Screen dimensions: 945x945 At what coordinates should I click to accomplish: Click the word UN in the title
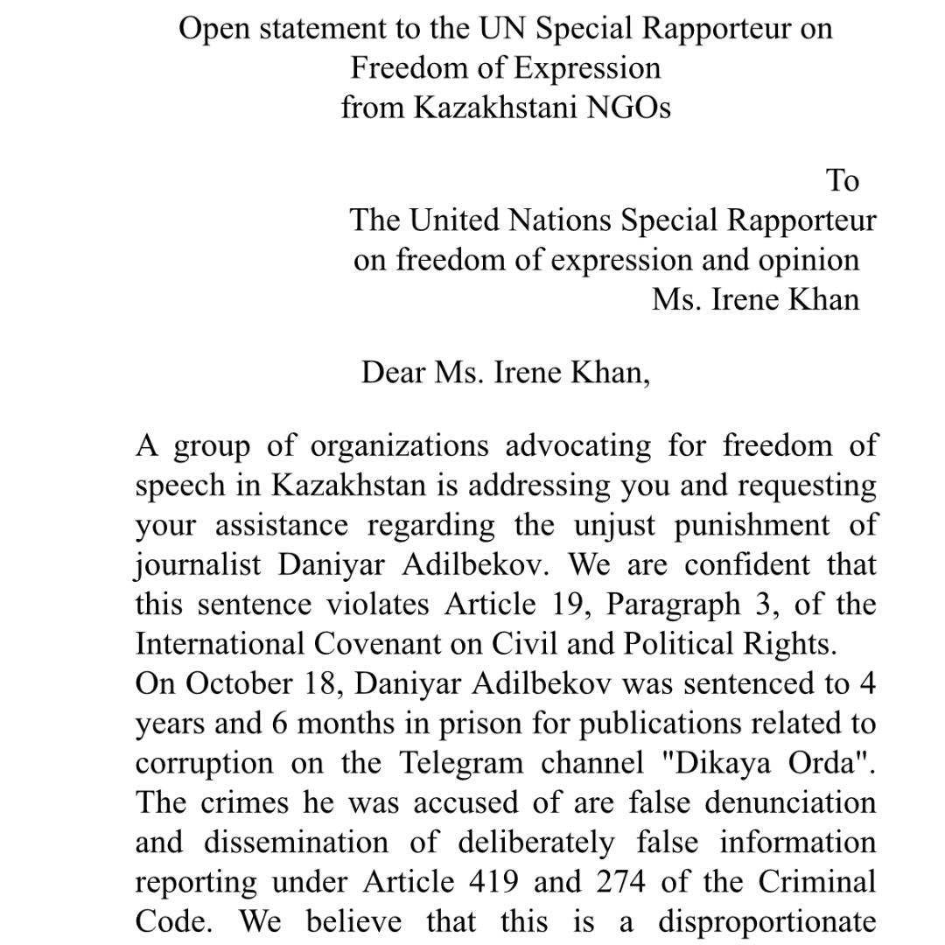[503, 29]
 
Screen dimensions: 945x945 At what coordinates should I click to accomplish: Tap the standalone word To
[843, 180]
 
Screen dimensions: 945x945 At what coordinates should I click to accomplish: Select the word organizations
[399, 446]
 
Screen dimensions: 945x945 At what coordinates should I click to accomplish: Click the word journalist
[198, 565]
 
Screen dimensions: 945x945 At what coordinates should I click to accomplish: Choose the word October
[239, 683]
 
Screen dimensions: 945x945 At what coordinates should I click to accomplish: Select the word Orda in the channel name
[825, 763]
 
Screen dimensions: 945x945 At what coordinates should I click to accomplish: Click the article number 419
[487, 882]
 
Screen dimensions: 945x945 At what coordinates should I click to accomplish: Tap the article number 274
[620, 882]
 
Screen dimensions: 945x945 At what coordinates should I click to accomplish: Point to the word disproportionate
[767, 921]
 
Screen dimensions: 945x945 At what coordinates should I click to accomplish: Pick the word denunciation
[787, 802]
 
